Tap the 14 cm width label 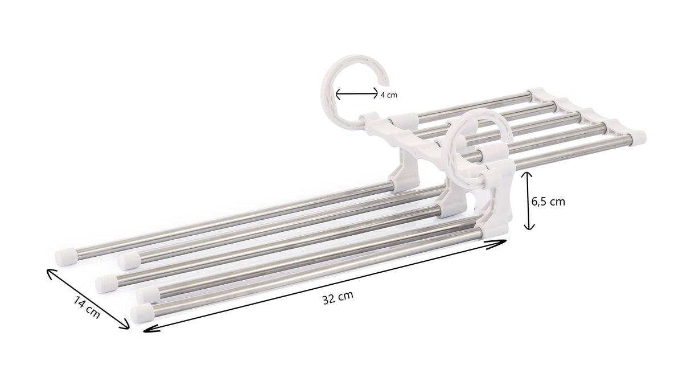[x=87, y=308]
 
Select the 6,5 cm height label [x=548, y=202]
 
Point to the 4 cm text [x=389, y=95]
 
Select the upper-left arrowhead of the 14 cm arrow [x=50, y=273]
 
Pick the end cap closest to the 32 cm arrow [x=142, y=313]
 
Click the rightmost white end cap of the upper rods [x=637, y=137]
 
